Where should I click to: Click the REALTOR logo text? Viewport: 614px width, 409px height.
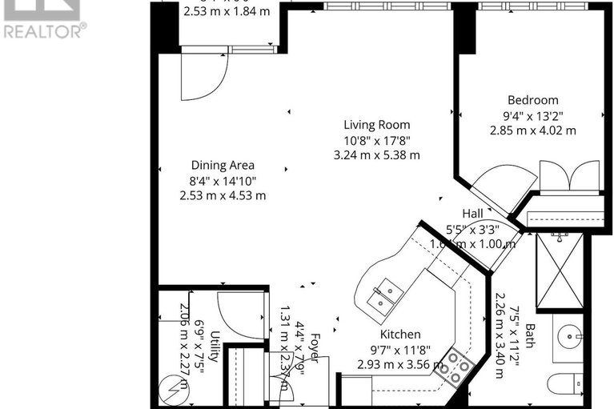(43, 31)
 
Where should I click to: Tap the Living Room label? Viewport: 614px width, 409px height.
(376, 125)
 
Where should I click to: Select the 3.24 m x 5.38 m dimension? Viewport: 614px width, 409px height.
(376, 154)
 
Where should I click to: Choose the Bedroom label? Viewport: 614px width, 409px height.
(532, 100)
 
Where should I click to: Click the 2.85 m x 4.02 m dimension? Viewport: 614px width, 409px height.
(532, 130)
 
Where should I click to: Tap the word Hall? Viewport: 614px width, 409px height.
(472, 214)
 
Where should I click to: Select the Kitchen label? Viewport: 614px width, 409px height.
(400, 334)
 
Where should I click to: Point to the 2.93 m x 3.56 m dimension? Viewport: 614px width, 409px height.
(400, 364)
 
